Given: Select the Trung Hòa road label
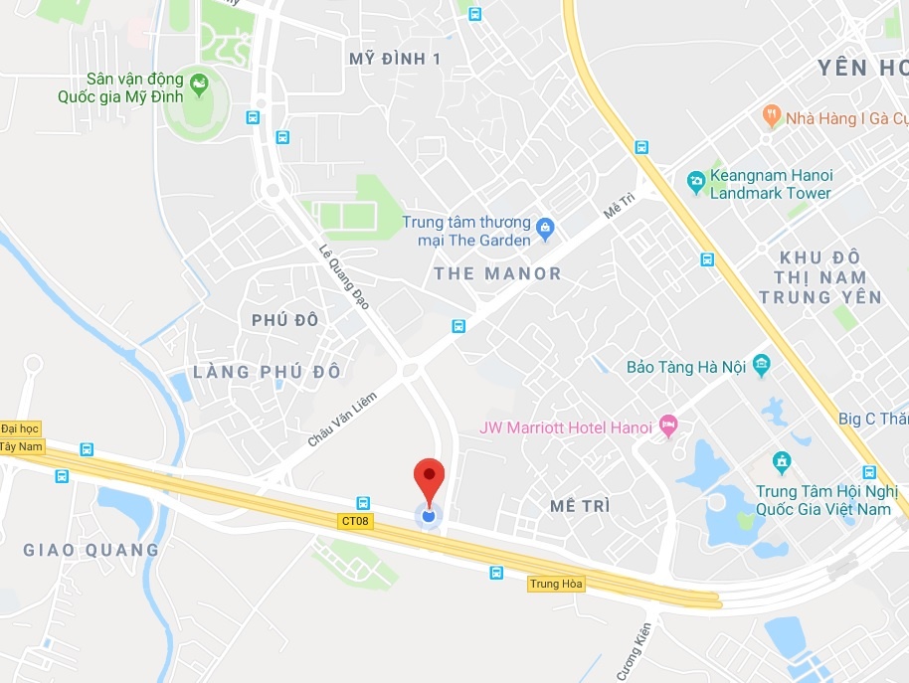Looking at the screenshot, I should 556,584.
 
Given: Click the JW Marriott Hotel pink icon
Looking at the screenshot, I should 668,426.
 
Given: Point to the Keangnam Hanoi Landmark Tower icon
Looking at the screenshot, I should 695,183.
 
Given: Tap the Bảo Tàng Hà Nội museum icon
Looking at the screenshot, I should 762,365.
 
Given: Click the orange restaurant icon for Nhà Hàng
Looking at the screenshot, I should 771,117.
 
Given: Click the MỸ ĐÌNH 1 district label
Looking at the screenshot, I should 395,59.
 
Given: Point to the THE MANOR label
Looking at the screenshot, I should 497,273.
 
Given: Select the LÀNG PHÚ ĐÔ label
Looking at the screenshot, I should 267,372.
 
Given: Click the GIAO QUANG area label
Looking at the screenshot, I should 91,550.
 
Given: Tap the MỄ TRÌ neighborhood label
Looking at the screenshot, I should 579,506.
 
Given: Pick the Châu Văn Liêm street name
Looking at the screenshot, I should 342,419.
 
